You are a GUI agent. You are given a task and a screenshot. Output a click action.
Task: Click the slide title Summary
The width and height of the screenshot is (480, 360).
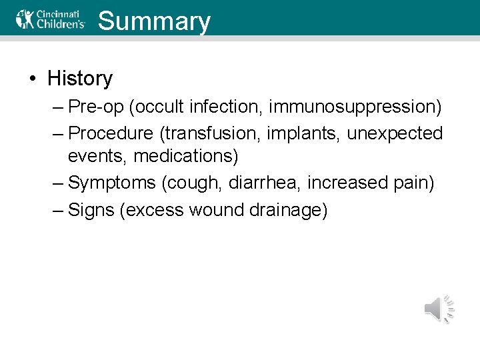154,21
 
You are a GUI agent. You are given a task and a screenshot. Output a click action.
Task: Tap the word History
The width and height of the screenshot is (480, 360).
80,78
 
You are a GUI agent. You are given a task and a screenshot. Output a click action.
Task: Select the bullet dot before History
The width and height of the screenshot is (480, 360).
32,79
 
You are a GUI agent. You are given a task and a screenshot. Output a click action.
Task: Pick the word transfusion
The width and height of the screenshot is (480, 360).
208,133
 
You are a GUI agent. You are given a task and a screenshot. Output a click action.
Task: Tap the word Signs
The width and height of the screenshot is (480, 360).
93,210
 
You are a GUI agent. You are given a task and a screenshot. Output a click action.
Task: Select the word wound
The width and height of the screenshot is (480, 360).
218,210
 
